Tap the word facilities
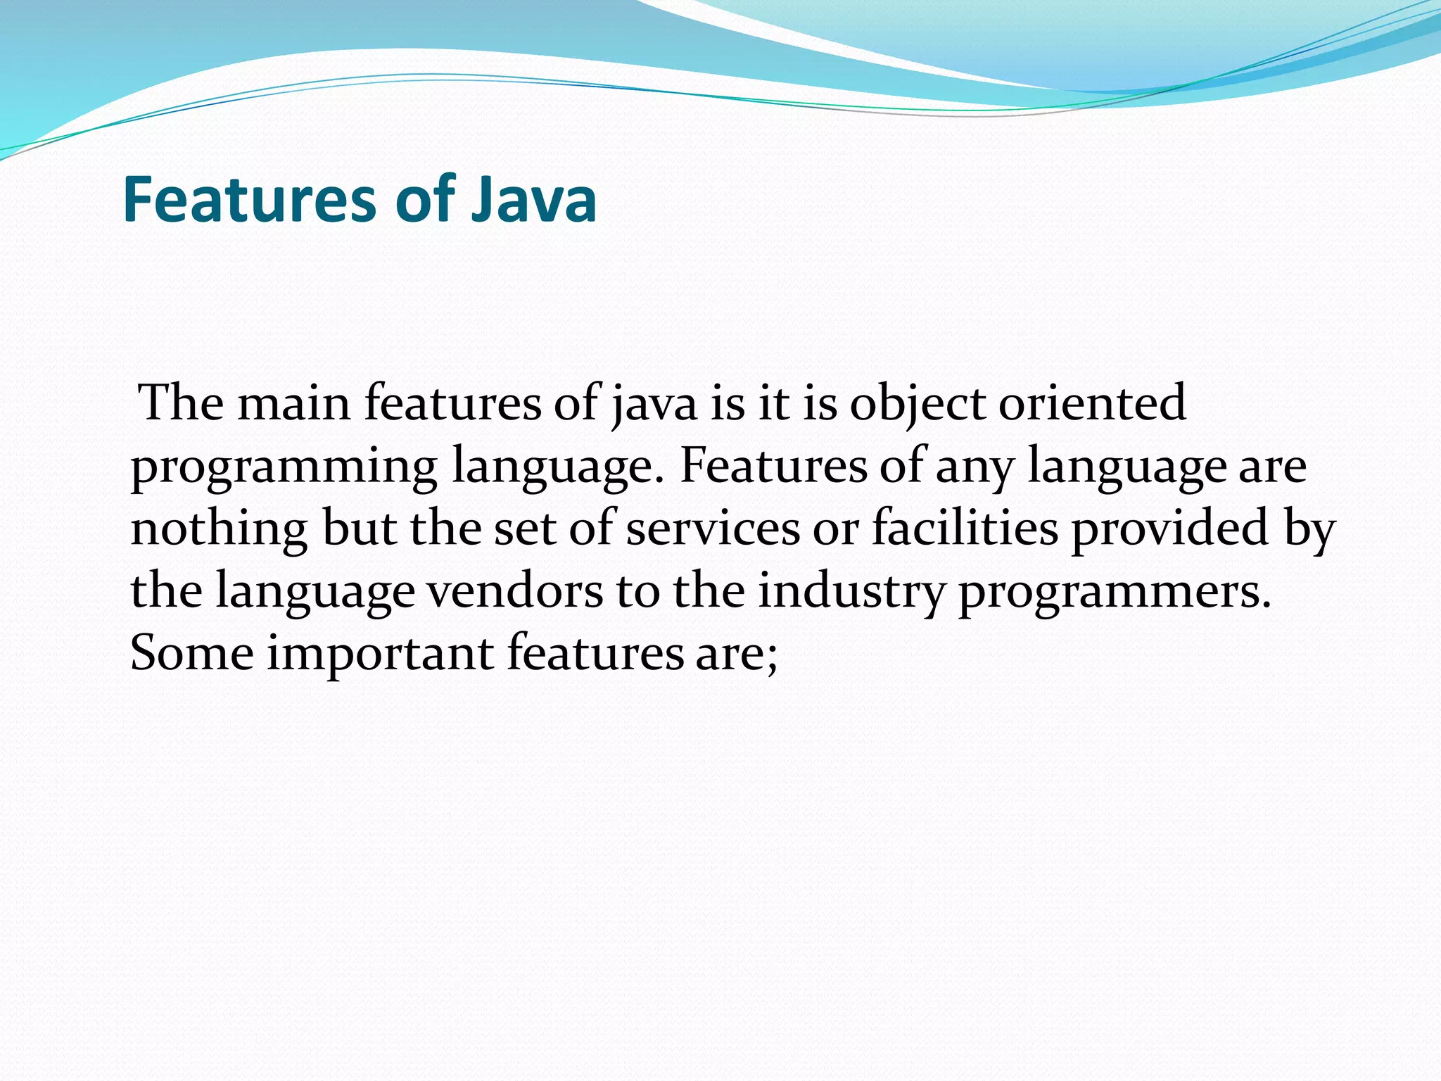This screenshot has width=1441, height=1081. pyautogui.click(x=965, y=529)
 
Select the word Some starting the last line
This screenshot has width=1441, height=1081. pyautogui.click(x=192, y=653)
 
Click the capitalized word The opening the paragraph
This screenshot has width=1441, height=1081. pyautogui.click(x=182, y=404)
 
